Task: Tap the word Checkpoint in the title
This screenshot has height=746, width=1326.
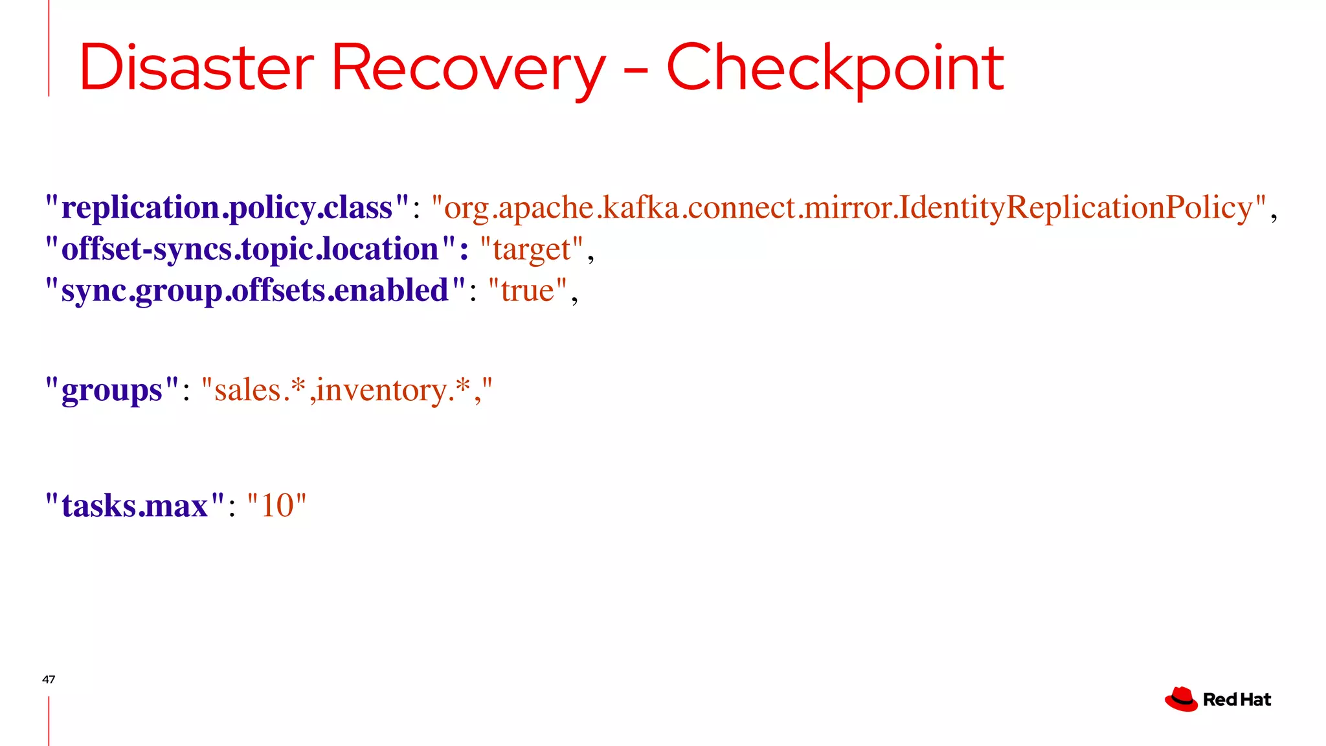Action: click(x=835, y=68)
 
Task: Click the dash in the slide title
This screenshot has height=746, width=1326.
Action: click(x=636, y=70)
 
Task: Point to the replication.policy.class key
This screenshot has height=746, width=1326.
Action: click(x=227, y=208)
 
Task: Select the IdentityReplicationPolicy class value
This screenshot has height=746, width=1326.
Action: click(x=849, y=208)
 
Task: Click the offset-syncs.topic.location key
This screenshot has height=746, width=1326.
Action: click(x=249, y=249)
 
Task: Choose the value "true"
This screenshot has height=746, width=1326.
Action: click(x=528, y=291)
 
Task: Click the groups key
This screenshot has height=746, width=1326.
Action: click(x=111, y=390)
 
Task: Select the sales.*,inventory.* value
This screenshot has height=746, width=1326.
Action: click(x=347, y=390)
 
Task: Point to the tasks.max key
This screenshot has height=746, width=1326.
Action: click(x=135, y=506)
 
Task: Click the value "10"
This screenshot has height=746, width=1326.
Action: click(x=277, y=506)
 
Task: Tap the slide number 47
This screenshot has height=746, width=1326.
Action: click(x=49, y=679)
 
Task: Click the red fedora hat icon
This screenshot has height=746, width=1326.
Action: click(x=1181, y=699)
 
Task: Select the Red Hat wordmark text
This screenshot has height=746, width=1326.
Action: click(x=1237, y=700)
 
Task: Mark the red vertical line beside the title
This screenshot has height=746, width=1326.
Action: click(x=49, y=49)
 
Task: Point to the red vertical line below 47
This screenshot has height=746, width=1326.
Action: click(x=49, y=721)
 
